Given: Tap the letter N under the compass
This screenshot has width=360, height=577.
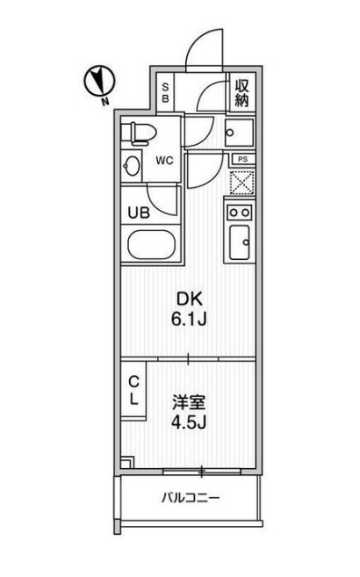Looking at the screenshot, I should [x=104, y=101].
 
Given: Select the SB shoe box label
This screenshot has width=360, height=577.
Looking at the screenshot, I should [x=163, y=91].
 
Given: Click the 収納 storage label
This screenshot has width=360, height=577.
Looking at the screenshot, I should [x=242, y=91].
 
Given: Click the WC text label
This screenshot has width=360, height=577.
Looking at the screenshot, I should [x=163, y=162].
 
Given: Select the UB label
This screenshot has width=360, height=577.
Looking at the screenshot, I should [x=140, y=211].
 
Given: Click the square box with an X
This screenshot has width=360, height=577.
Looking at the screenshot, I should [x=241, y=182].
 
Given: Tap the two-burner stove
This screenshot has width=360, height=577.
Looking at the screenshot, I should [x=240, y=212].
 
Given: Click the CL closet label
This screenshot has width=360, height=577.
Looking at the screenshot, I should [x=134, y=392].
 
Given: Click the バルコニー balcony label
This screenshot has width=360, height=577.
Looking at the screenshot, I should [x=191, y=498].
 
